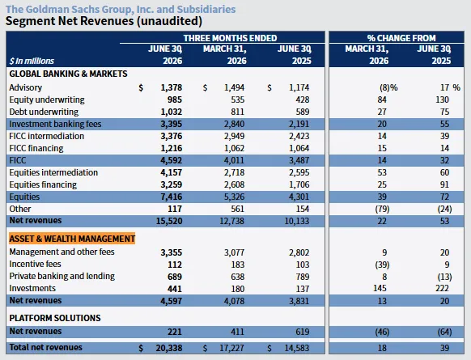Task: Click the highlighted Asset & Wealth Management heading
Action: [72, 239]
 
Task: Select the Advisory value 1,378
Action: [172, 87]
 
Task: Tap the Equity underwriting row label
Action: [47, 100]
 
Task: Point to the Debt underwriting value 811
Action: [237, 112]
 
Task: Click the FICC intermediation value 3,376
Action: [172, 136]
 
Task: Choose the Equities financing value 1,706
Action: [299, 184]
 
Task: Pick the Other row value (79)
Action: [382, 209]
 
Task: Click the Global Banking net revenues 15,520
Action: [169, 221]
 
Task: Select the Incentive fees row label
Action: [35, 264]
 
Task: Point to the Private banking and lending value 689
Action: [175, 277]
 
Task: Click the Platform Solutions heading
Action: [55, 318]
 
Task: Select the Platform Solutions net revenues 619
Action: [302, 332]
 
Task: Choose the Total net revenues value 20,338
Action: [169, 348]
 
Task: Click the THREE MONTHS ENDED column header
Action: [230, 38]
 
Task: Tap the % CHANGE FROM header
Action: [401, 38]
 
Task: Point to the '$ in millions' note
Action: [32, 61]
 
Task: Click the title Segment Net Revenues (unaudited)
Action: [104, 21]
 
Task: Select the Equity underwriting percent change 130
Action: [442, 100]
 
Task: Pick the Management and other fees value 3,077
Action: [235, 252]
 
